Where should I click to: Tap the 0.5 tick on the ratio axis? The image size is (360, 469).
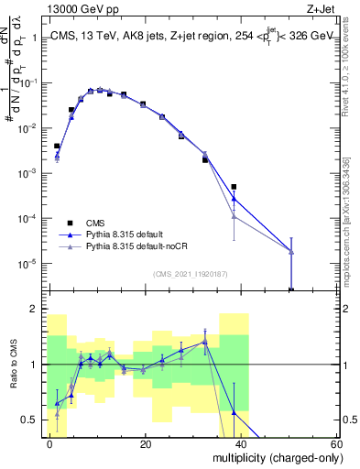coord(30,420)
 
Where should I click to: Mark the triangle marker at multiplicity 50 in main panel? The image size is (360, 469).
coord(290,251)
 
